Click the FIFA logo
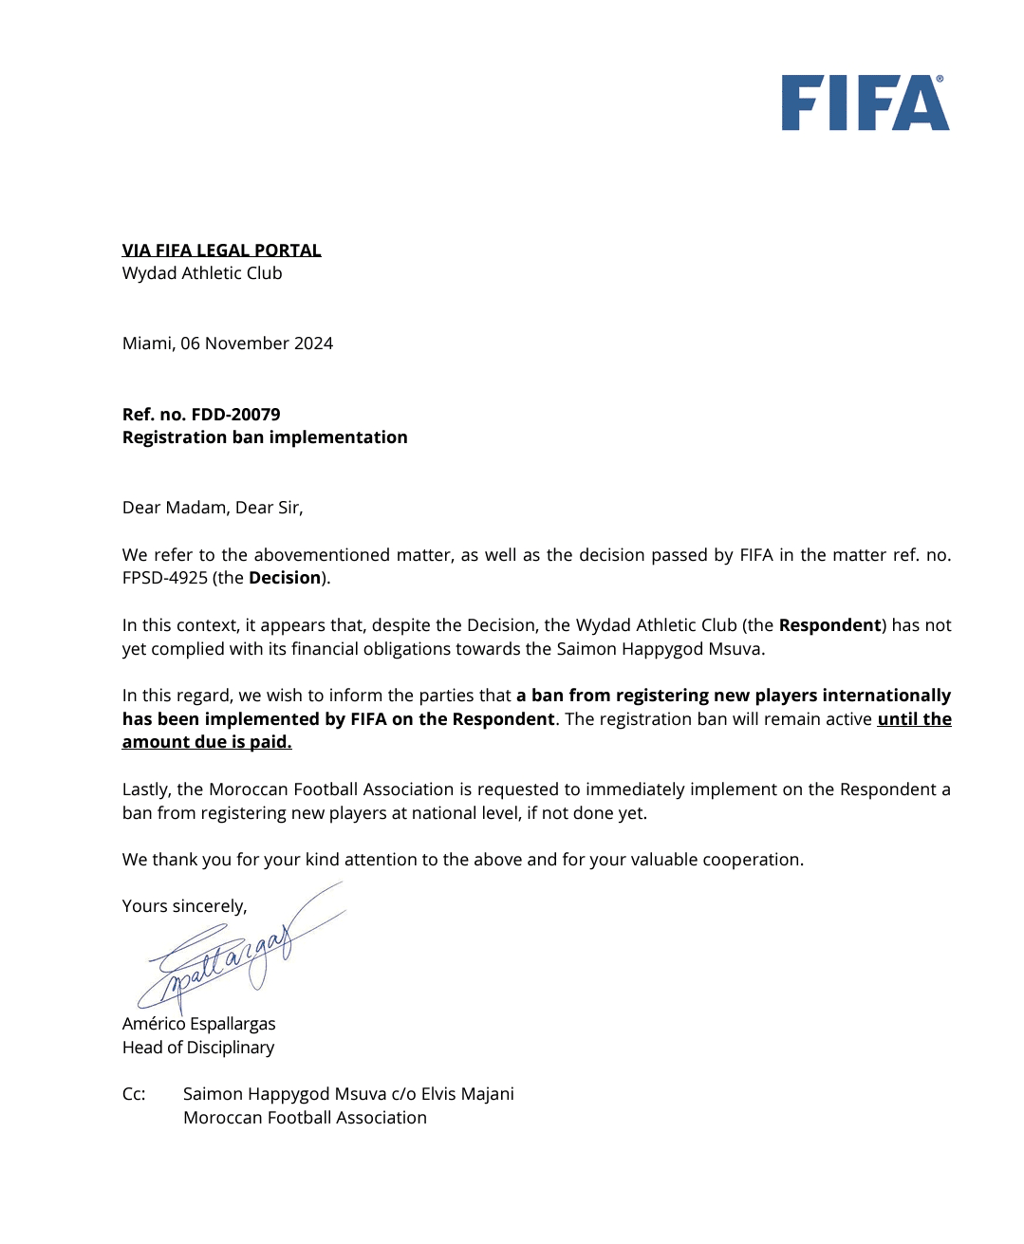[x=865, y=103]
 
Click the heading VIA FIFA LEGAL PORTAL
[x=221, y=251]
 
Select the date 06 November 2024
[x=256, y=343]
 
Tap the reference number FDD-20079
[x=235, y=415]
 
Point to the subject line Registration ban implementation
[x=265, y=437]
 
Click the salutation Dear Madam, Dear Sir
[x=213, y=508]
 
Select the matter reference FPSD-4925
[x=164, y=578]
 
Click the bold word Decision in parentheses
[x=285, y=578]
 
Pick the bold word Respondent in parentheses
[x=829, y=625]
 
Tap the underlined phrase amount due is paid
[x=207, y=742]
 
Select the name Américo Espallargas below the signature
[x=198, y=1024]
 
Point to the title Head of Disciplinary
[x=198, y=1048]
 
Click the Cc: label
[x=134, y=1094]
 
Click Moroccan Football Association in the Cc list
[x=305, y=1118]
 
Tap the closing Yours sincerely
[x=184, y=906]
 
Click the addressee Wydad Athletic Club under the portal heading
[x=202, y=273]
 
